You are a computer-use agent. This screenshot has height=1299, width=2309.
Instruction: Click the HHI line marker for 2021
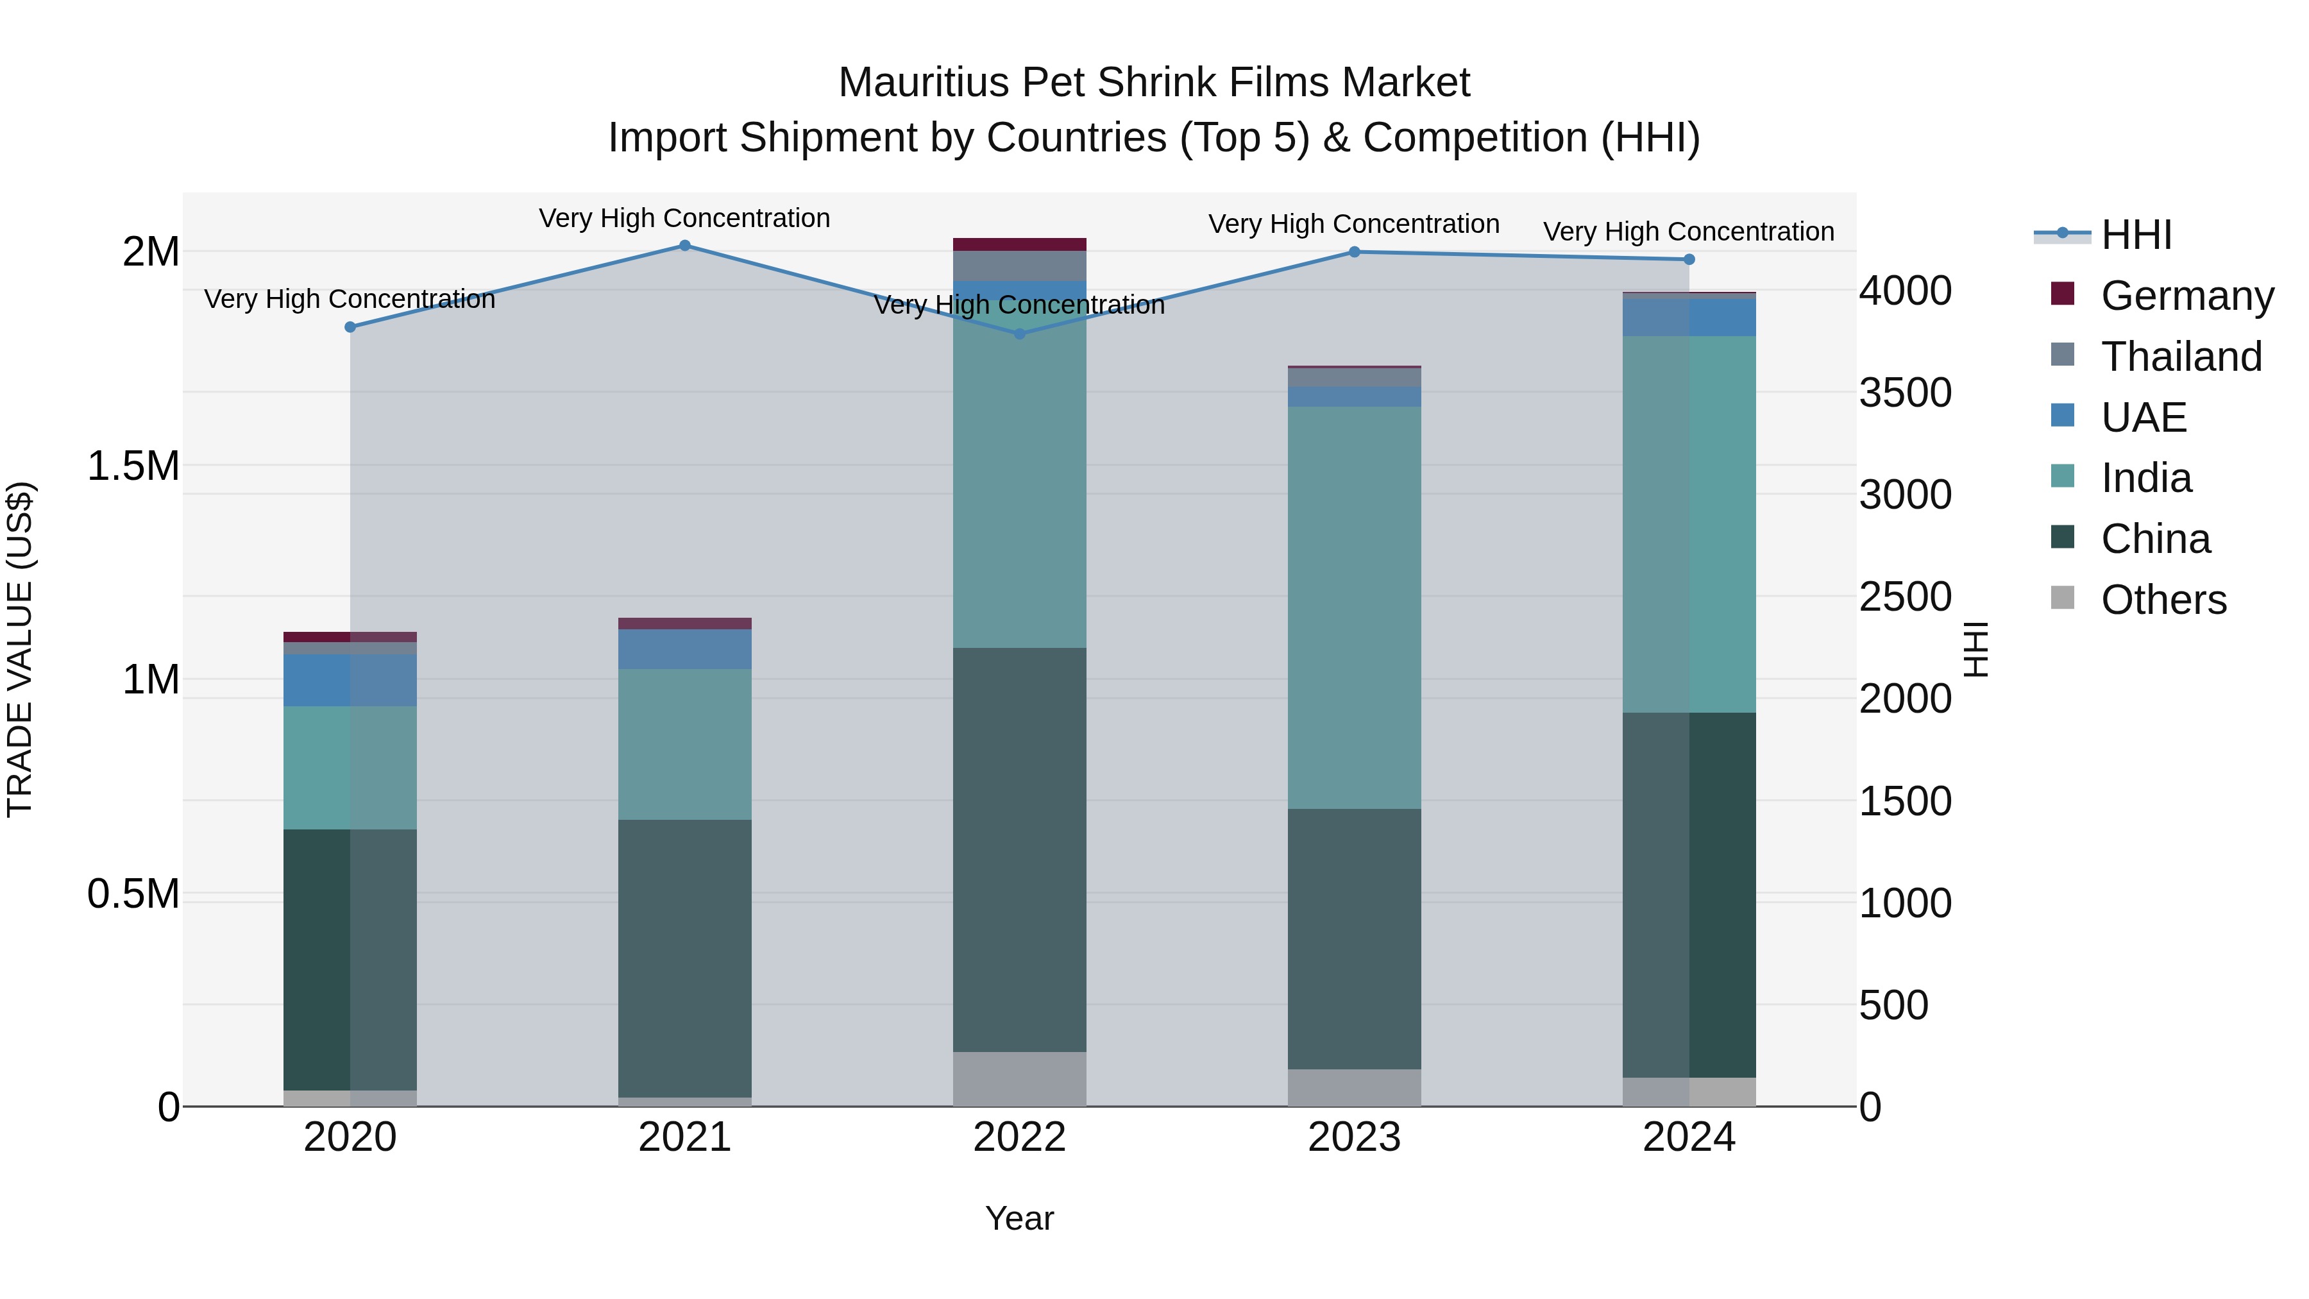685,246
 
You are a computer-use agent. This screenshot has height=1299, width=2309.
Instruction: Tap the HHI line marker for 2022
1019,334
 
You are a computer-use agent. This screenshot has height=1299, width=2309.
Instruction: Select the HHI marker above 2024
1689,259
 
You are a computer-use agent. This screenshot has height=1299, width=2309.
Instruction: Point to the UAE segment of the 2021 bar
685,649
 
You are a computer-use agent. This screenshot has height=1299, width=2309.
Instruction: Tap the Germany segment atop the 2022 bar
1019,245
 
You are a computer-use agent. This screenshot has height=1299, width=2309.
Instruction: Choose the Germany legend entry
2187,296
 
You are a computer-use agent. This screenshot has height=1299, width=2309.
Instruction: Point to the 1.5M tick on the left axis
133,466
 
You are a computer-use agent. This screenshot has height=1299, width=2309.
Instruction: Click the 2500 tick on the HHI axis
1905,597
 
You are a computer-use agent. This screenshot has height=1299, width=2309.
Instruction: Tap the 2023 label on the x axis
1355,1137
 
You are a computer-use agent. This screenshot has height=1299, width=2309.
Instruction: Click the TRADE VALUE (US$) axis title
20,649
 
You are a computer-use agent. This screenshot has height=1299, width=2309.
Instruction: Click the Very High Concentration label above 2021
685,218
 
